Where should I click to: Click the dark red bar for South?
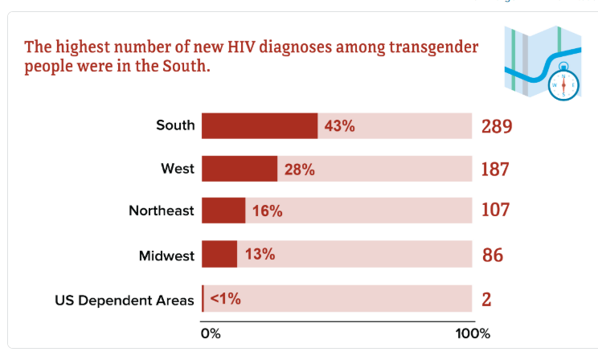(x=260, y=126)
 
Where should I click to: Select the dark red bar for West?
(x=240, y=169)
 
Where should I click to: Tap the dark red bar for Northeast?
(x=223, y=211)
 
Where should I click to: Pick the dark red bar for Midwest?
(x=219, y=254)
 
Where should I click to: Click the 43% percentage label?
(x=339, y=126)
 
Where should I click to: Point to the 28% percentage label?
(x=299, y=170)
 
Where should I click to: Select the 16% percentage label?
(x=267, y=211)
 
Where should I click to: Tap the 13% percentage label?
(x=260, y=255)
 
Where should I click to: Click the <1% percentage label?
(x=225, y=298)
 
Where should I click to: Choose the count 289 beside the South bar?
(x=497, y=126)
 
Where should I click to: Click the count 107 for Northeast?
(x=496, y=211)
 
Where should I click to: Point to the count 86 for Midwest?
(x=493, y=256)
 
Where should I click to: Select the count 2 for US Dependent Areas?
(x=486, y=299)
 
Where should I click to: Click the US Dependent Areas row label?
(x=125, y=301)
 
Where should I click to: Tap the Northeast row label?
(x=162, y=211)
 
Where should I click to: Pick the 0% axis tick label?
(x=210, y=333)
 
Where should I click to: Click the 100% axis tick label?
(x=473, y=333)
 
